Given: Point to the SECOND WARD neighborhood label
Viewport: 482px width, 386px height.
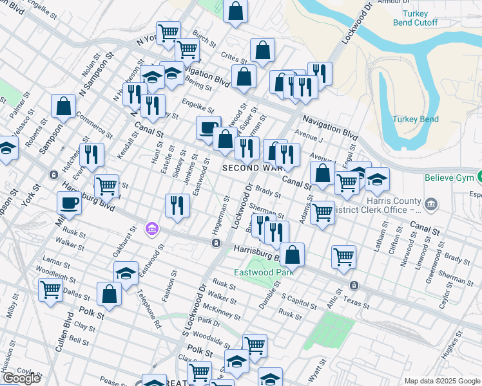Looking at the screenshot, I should tap(252, 168).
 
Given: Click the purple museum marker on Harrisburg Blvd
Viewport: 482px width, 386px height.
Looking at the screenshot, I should tap(152, 228).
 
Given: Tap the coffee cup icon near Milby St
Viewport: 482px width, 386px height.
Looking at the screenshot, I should tap(70, 203).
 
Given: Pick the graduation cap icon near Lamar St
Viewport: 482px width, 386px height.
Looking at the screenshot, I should tap(126, 273).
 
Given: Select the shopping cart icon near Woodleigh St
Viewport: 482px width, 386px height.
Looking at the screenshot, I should tap(50, 289).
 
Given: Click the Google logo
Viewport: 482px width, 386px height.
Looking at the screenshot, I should tap(21, 378).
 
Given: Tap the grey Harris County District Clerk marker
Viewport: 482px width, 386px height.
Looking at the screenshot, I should tap(430, 205).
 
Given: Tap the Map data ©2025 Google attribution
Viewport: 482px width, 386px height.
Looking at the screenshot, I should tap(441, 381).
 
